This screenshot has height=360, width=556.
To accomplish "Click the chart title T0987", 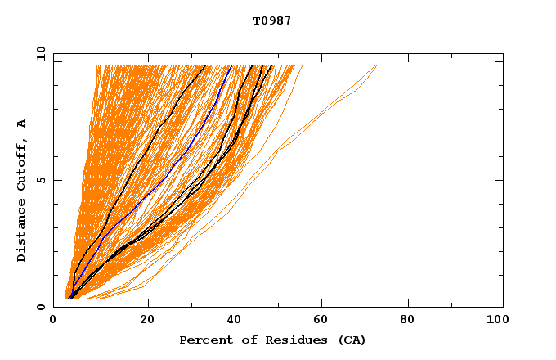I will [272, 20].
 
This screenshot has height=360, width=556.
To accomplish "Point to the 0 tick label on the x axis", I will [53, 322].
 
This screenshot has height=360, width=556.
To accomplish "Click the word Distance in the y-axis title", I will [22, 229].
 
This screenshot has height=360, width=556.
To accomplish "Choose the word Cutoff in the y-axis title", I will [22, 162].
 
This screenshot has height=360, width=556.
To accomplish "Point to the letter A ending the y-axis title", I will [22, 124].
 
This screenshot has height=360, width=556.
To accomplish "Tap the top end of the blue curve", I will [231, 65].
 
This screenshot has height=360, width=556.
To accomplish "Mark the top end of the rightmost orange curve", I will [376, 65].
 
